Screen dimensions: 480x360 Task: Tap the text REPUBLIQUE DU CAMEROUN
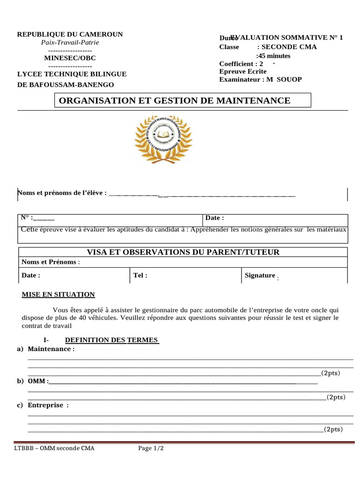[70, 34]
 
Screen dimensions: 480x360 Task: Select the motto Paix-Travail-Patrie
[70, 42]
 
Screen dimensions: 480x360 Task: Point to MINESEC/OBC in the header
[70, 58]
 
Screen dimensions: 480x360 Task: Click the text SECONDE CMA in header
[287, 46]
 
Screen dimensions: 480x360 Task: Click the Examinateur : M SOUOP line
[260, 79]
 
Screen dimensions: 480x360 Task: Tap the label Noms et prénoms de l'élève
[62, 193]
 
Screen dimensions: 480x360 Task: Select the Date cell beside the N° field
[215, 217]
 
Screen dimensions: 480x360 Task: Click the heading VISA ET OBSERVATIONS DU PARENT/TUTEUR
[182, 252]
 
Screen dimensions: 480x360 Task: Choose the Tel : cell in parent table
[140, 275]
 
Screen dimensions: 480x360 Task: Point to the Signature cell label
[260, 275]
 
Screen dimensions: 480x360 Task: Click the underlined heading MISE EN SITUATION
[58, 294]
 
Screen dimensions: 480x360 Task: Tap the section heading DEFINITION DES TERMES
[112, 340]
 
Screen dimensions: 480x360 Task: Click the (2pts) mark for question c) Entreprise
[333, 429]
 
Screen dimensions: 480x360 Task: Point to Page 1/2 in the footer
[151, 448]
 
